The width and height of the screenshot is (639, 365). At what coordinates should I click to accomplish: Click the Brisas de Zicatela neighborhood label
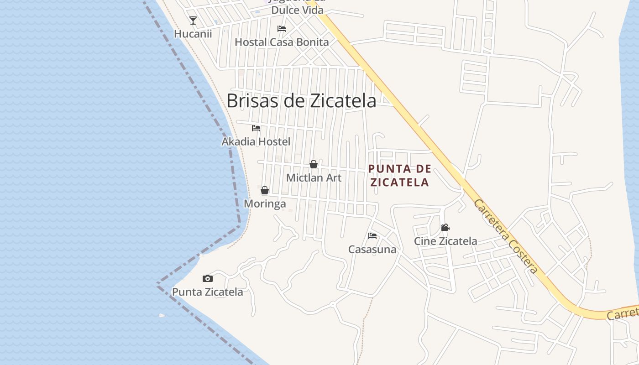click(x=301, y=101)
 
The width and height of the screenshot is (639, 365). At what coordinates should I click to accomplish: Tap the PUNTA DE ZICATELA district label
click(x=399, y=176)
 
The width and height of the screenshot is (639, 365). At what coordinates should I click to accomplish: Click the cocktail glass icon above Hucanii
click(x=193, y=21)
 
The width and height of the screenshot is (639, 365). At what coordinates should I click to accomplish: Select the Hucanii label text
click(x=193, y=34)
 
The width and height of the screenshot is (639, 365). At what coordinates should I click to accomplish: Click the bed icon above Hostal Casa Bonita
click(x=282, y=29)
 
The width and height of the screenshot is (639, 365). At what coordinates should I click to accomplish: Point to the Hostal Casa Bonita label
click(x=282, y=42)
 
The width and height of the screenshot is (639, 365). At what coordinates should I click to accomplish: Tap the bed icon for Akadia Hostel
click(x=256, y=128)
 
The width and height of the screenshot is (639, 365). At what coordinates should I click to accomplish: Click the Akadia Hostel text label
click(x=256, y=142)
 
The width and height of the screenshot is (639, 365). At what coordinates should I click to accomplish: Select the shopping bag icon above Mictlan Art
click(x=314, y=164)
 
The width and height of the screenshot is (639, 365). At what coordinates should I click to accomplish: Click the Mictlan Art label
click(x=314, y=178)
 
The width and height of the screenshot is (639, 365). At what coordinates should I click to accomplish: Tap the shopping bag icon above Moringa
click(x=265, y=190)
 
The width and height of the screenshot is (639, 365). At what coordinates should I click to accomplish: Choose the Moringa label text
click(x=265, y=204)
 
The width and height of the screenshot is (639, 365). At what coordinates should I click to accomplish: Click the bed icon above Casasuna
click(x=372, y=236)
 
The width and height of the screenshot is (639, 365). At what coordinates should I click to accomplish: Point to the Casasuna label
click(x=372, y=250)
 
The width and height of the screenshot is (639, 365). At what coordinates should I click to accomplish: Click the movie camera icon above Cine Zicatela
click(x=445, y=227)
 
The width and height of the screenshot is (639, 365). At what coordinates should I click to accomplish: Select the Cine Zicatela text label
click(x=445, y=241)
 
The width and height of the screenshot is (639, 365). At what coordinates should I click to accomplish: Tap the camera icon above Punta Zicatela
click(x=208, y=278)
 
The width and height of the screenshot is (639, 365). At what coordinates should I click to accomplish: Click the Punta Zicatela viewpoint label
click(x=207, y=292)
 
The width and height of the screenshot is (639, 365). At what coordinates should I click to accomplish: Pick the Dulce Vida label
click(x=297, y=10)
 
